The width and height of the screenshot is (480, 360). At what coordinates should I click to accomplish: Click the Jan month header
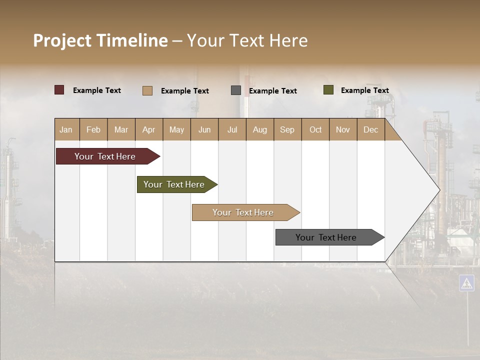click(66, 129)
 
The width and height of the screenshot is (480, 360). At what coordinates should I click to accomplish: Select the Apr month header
click(149, 129)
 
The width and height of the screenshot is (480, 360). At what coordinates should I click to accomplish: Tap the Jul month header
click(232, 129)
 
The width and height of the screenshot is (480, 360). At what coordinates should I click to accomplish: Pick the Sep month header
click(287, 129)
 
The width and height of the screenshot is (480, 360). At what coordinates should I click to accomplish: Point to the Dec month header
click(370, 129)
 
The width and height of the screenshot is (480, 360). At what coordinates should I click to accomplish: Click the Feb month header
click(93, 129)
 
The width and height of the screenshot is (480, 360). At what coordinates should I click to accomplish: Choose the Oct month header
click(315, 129)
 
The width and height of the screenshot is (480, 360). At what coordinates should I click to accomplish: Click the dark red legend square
click(59, 90)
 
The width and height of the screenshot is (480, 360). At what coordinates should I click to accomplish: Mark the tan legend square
click(147, 90)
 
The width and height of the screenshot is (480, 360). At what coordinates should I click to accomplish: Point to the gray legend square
click(236, 90)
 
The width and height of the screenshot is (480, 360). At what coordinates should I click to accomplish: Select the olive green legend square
click(328, 90)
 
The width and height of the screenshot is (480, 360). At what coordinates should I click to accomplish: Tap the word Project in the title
click(62, 40)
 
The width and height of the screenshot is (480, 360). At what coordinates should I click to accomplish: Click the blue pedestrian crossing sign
click(466, 283)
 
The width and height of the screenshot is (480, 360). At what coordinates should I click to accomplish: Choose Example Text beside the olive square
click(364, 90)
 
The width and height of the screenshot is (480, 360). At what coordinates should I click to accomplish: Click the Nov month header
click(343, 129)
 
